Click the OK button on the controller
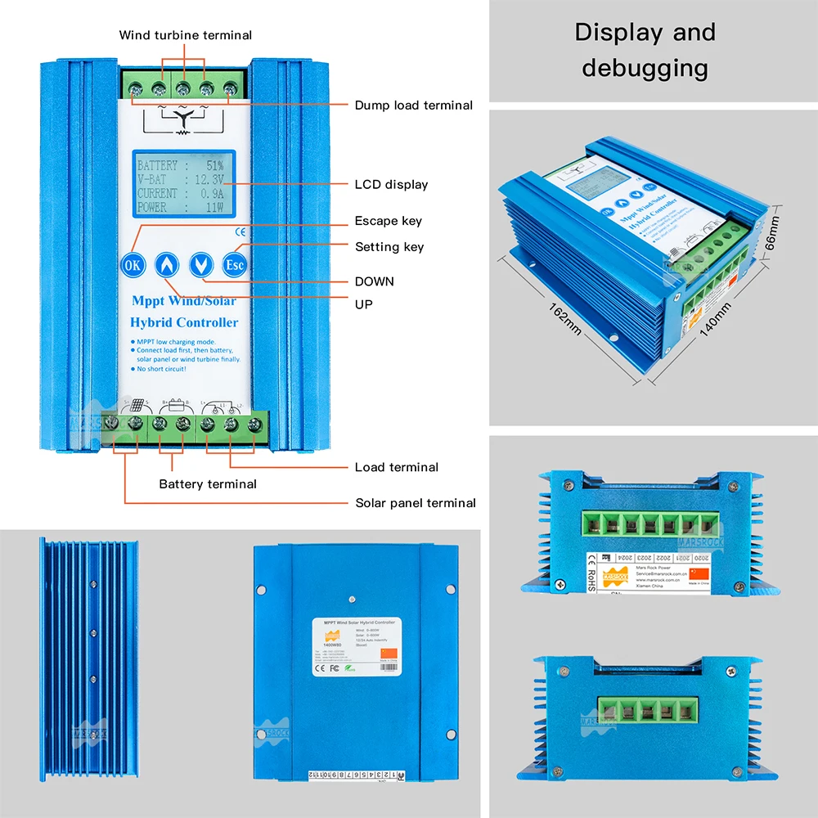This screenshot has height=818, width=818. pos(132,264)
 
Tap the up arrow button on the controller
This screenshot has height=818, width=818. pos(166,264)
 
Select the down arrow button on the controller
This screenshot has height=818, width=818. pos(200,264)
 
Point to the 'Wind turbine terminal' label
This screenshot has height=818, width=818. pos(186,35)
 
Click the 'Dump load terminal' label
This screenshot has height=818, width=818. pos(413,105)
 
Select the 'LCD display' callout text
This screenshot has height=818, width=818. pos(391,184)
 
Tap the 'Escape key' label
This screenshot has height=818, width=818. pos(389,221)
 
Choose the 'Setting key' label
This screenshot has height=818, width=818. pos(389,246)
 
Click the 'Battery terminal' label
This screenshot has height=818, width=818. pos(208,484)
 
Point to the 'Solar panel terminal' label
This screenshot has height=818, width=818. pos(416,503)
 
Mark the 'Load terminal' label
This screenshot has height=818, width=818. pos(397,467)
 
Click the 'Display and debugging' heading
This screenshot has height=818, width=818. pos(645,50)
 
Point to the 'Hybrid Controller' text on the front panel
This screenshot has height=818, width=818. pos(184,322)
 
